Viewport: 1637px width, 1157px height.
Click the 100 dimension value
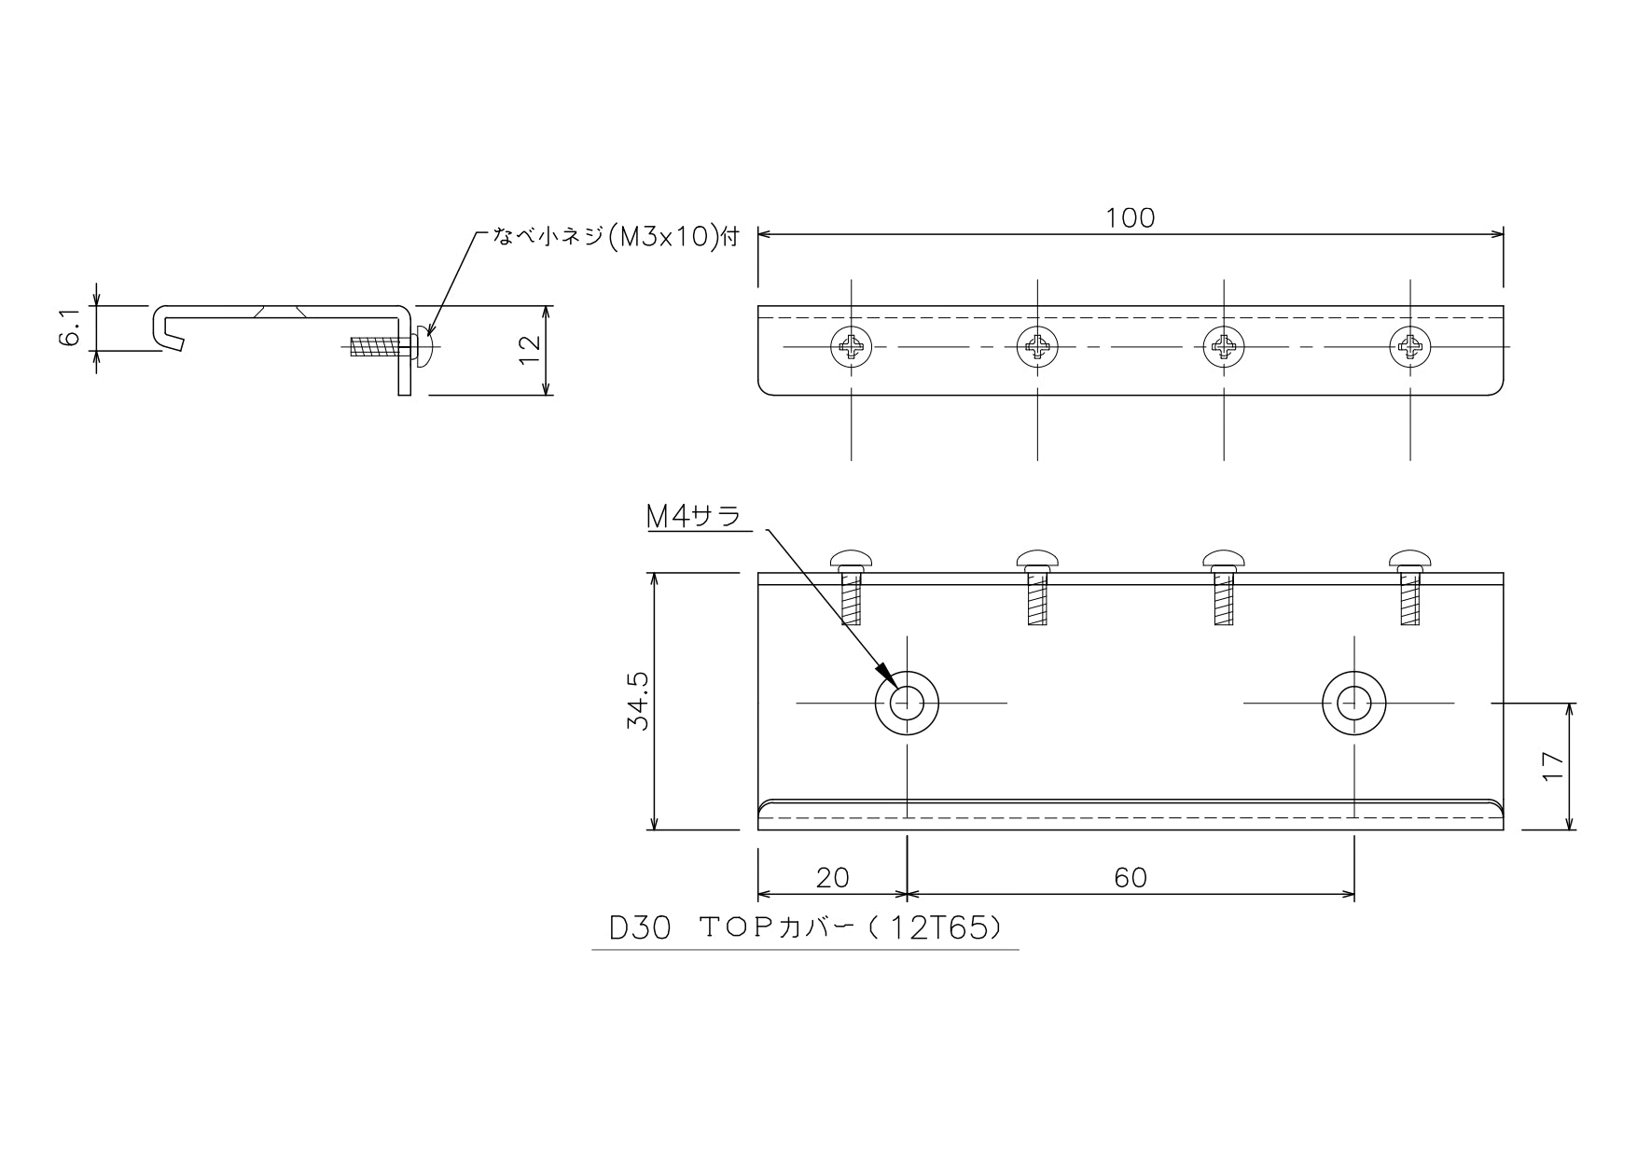point(1131,217)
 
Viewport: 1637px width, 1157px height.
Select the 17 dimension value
point(1551,767)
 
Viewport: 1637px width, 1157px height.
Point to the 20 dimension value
point(832,877)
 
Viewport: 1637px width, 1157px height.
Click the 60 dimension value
point(1131,877)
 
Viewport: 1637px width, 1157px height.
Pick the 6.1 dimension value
point(71,328)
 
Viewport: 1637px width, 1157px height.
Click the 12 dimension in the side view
point(529,350)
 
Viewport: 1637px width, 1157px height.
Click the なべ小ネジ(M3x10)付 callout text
point(616,238)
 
